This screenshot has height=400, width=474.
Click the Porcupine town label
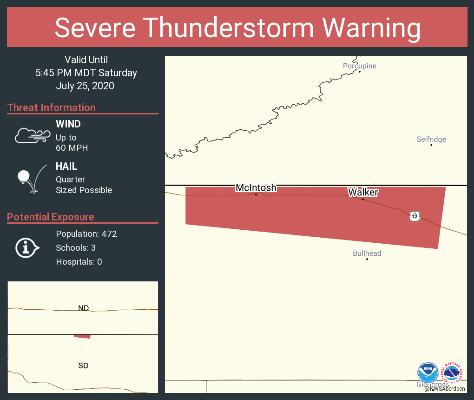tap(359, 66)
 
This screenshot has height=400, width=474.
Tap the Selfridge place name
tap(431, 139)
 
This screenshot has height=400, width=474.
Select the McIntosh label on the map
tap(256, 188)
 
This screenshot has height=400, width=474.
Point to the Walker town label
tap(363, 192)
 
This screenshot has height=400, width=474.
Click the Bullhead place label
tap(367, 253)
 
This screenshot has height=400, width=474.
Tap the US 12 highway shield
tap(415, 216)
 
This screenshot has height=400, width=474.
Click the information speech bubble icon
tap(27, 247)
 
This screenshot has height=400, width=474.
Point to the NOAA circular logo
tap(428, 373)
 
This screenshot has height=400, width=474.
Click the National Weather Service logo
tap(453, 373)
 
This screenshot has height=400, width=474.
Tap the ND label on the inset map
tap(84, 308)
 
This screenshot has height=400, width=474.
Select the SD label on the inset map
tap(83, 366)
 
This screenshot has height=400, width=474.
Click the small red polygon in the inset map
tap(83, 336)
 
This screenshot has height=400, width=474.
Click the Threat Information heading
tap(52, 107)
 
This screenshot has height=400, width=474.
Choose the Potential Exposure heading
tap(51, 217)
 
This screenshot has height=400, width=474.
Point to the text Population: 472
tap(86, 233)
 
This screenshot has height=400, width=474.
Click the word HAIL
tap(66, 166)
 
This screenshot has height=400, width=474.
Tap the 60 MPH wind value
tap(72, 148)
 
